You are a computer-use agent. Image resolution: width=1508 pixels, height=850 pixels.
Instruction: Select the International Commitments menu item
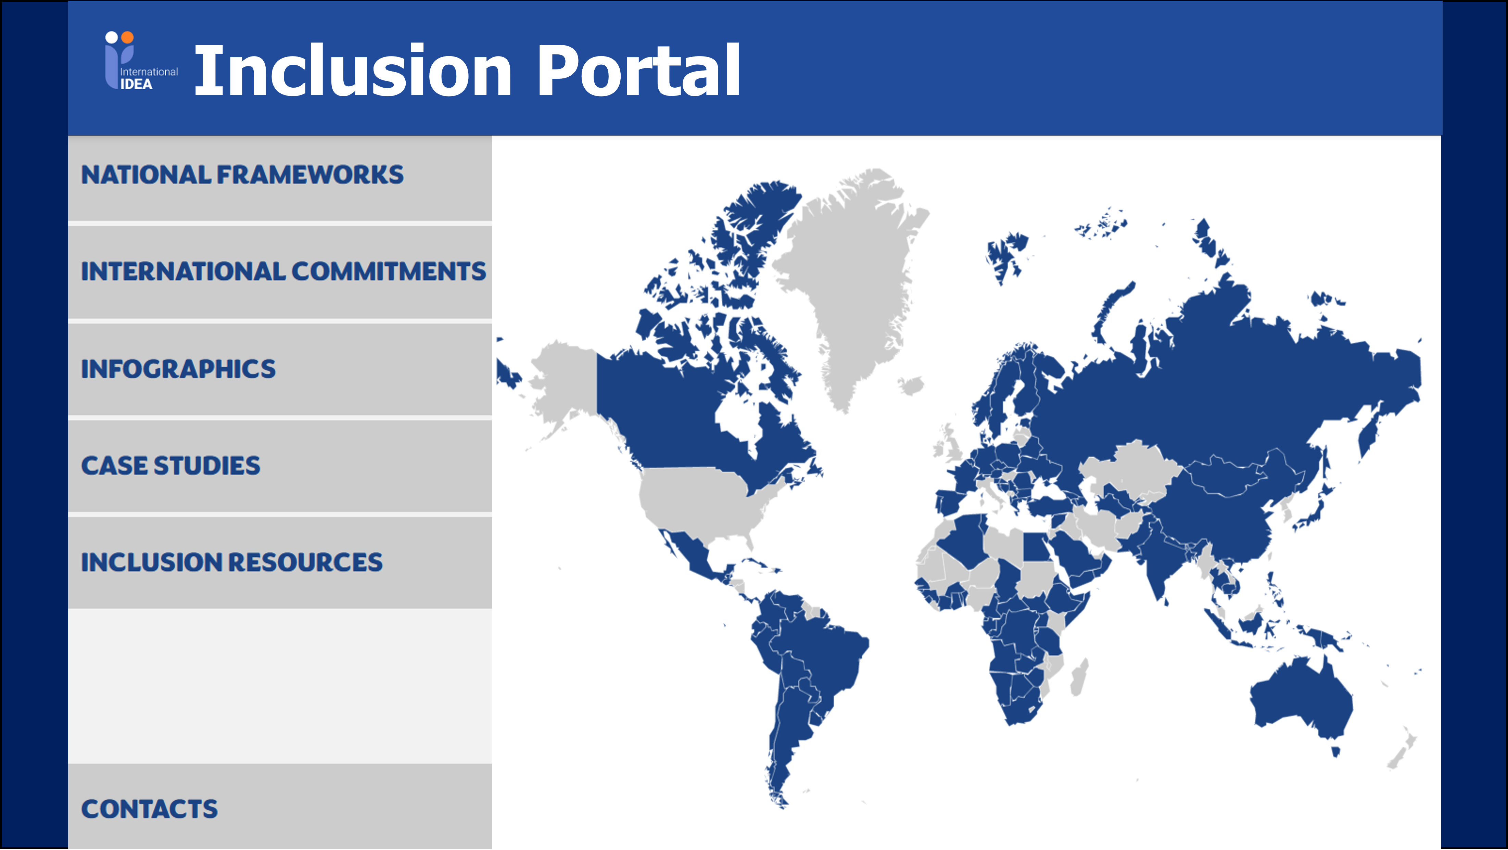tap(283, 271)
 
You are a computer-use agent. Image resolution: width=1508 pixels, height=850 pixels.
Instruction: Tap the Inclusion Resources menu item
tap(232, 562)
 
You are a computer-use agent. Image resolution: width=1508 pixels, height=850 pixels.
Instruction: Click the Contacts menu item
tap(149, 809)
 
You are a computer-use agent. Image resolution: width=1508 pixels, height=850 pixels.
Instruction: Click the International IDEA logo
tap(140, 62)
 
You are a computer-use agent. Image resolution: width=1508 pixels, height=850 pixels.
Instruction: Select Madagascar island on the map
tap(1079, 677)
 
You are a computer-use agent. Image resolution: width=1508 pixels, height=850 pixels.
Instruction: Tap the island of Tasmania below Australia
tap(1336, 751)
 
